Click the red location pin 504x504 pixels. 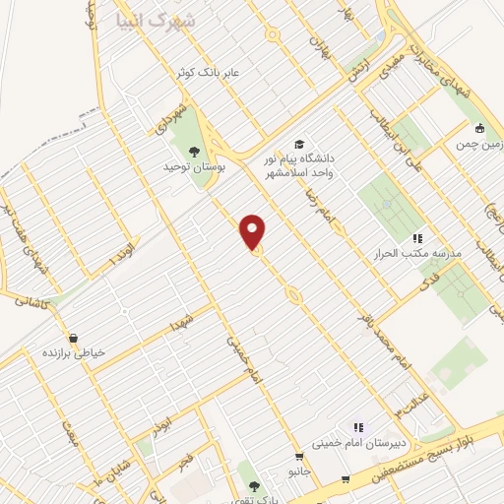253,231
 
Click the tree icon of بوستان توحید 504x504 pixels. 193,151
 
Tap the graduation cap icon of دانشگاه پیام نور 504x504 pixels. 299,143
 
